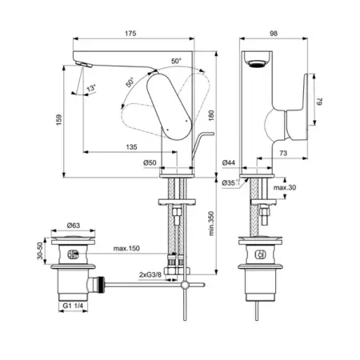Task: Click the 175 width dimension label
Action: (130, 34)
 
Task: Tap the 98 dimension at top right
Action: (274, 34)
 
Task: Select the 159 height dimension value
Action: (59, 120)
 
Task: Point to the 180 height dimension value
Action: (211, 115)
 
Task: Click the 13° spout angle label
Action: (91, 88)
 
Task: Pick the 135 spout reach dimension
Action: (131, 147)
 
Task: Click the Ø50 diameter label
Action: (150, 162)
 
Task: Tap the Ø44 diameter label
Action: (229, 162)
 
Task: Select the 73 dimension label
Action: (283, 153)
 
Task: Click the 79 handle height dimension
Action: (319, 102)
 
